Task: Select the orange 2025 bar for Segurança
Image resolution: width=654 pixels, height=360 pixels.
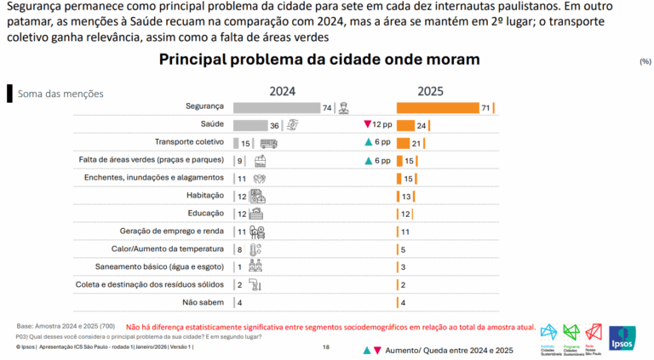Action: click(437, 107)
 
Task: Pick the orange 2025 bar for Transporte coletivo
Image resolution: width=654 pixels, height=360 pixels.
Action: click(403, 143)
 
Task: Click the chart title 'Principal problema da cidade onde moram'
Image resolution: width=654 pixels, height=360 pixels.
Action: click(319, 60)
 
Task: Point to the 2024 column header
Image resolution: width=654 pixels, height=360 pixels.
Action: click(283, 91)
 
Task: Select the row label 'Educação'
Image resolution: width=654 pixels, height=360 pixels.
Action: click(204, 214)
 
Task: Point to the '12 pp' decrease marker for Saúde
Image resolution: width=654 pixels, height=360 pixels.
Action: click(376, 125)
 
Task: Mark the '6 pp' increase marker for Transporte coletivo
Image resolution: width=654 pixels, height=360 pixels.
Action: click(376, 143)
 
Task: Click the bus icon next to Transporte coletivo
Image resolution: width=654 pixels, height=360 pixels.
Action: click(269, 143)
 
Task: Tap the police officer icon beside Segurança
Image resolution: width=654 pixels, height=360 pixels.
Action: click(342, 107)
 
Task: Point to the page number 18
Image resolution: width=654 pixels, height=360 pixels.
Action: click(326, 347)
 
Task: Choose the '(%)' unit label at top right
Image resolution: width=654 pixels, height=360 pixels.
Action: click(645, 62)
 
